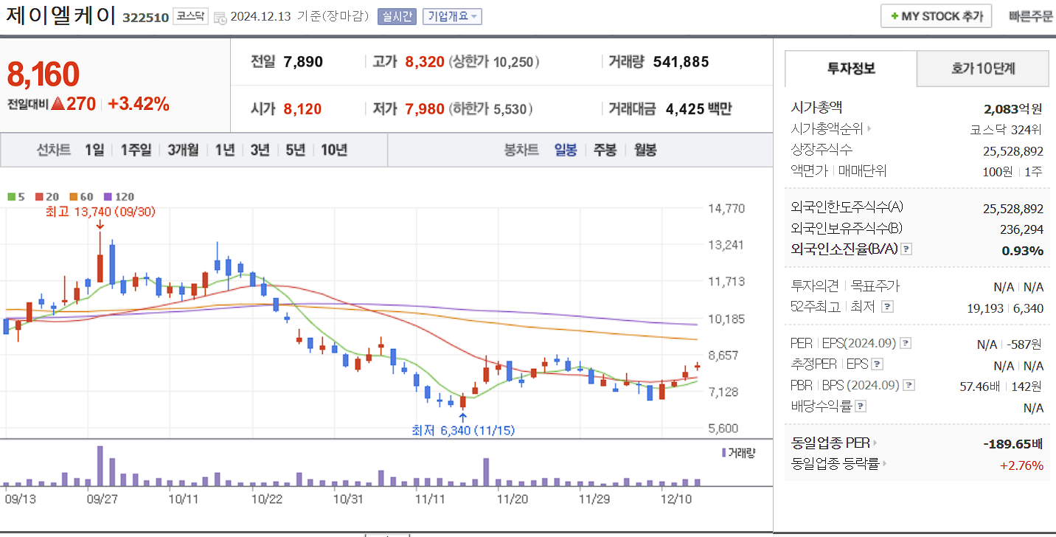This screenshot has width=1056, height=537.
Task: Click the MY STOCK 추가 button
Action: [x=936, y=16]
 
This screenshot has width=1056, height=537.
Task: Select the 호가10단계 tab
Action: [x=982, y=69]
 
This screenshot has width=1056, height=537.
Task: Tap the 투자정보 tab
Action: [x=851, y=69]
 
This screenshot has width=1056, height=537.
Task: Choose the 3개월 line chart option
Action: [x=183, y=150]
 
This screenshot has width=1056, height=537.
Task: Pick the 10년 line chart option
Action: [x=333, y=150]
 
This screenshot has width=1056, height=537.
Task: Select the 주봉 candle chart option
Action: [x=605, y=150]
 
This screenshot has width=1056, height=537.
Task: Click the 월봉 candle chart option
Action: [x=645, y=150]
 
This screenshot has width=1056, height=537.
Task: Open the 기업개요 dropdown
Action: [x=451, y=16]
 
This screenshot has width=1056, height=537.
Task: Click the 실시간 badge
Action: [x=397, y=16]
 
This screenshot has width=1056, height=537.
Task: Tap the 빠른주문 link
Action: [x=1031, y=16]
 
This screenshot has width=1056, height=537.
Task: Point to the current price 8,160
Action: [x=43, y=74]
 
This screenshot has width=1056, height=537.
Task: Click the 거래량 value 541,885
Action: [x=681, y=62]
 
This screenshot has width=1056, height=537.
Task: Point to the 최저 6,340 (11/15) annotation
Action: [x=463, y=430]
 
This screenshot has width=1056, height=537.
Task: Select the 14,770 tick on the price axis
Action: [x=726, y=209]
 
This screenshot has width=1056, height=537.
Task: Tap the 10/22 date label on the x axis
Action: [x=266, y=499]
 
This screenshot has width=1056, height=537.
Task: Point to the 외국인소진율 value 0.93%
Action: [x=1022, y=251]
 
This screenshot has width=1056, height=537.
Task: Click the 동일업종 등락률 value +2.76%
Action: [x=1021, y=465]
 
